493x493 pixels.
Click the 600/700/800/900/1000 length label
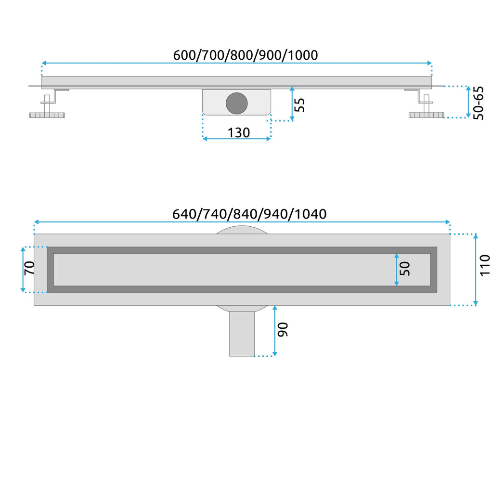(x=246, y=55)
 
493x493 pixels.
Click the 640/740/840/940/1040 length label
(x=249, y=214)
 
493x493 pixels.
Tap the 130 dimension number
(x=239, y=133)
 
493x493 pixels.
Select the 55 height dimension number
(x=299, y=104)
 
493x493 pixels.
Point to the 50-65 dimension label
(x=478, y=103)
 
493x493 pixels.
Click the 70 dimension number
(x=29, y=268)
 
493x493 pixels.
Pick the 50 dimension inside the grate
(x=404, y=269)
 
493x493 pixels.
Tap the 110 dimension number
(x=484, y=266)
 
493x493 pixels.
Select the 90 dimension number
(x=283, y=329)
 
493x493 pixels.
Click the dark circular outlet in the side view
(x=237, y=103)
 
